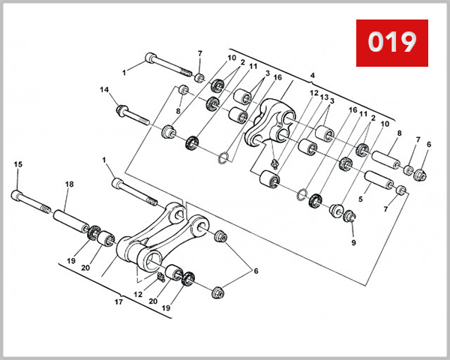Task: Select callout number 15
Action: (x=18, y=165)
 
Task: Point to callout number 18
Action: (x=69, y=184)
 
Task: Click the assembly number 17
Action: (x=118, y=303)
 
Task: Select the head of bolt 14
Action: (x=121, y=112)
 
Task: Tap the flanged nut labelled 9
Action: (x=349, y=216)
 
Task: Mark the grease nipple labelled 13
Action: (x=276, y=160)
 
